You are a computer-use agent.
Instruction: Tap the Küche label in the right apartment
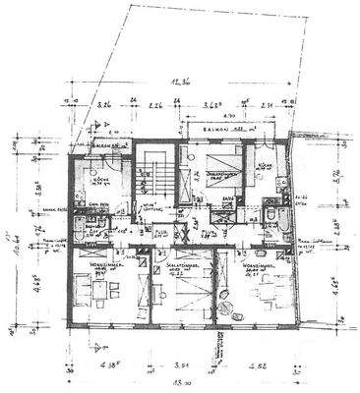tap(255, 166)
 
